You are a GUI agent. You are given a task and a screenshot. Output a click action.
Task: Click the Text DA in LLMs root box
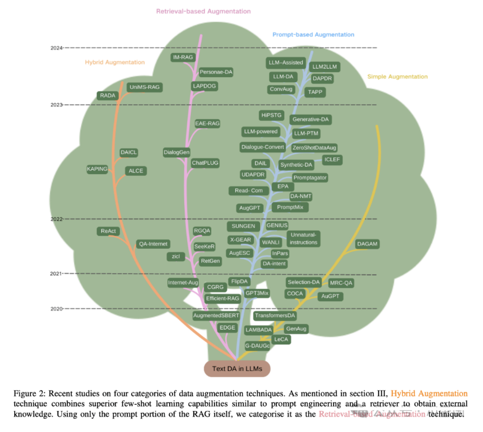tap(237, 368)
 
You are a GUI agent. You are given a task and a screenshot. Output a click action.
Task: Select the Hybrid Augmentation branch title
tap(114, 62)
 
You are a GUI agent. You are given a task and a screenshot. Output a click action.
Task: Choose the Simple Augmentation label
tap(397, 77)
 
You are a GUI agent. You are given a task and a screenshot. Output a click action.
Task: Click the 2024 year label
tap(56, 48)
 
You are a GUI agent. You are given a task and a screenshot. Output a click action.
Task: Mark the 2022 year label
tap(56, 219)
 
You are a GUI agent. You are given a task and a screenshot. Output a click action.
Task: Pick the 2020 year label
tap(56, 309)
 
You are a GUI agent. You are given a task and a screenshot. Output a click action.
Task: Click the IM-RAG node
tap(183, 57)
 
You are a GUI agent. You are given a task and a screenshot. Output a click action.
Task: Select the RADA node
tap(108, 95)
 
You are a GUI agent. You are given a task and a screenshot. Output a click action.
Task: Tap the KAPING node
tap(98, 168)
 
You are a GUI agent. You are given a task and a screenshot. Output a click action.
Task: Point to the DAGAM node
tap(367, 244)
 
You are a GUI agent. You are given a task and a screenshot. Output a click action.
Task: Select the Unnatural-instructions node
tap(303, 238)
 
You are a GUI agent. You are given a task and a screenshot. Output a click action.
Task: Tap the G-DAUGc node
tap(257, 346)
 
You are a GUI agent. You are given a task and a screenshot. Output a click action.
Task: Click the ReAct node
tap(108, 231)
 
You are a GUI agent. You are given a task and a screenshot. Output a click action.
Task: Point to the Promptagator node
tap(310, 178)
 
